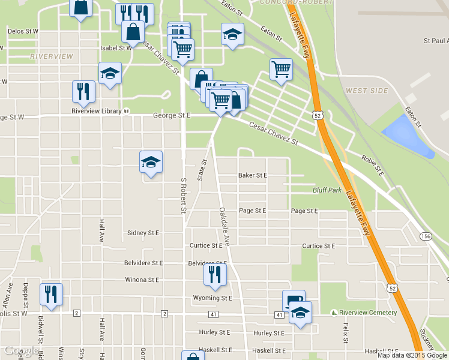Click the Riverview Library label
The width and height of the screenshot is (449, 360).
point(96,110)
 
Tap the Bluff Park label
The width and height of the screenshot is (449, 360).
point(327,190)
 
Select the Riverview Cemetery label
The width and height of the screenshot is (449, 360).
point(367,313)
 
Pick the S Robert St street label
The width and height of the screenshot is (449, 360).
point(184,195)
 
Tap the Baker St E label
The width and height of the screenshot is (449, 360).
point(252,175)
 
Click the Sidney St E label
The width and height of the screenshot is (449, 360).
point(143,233)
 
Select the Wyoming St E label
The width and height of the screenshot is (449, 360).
point(212,298)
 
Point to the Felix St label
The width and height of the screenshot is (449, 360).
point(346,332)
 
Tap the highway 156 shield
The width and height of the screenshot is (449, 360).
point(425,236)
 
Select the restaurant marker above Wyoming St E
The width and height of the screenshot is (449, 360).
point(214,274)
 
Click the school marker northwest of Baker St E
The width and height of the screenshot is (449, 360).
point(151,161)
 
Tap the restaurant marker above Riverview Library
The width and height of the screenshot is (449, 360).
point(83,92)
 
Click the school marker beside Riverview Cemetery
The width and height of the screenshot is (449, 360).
point(300,312)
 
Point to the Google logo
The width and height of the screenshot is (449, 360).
point(22,351)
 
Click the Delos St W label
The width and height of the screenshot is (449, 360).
point(23,31)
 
